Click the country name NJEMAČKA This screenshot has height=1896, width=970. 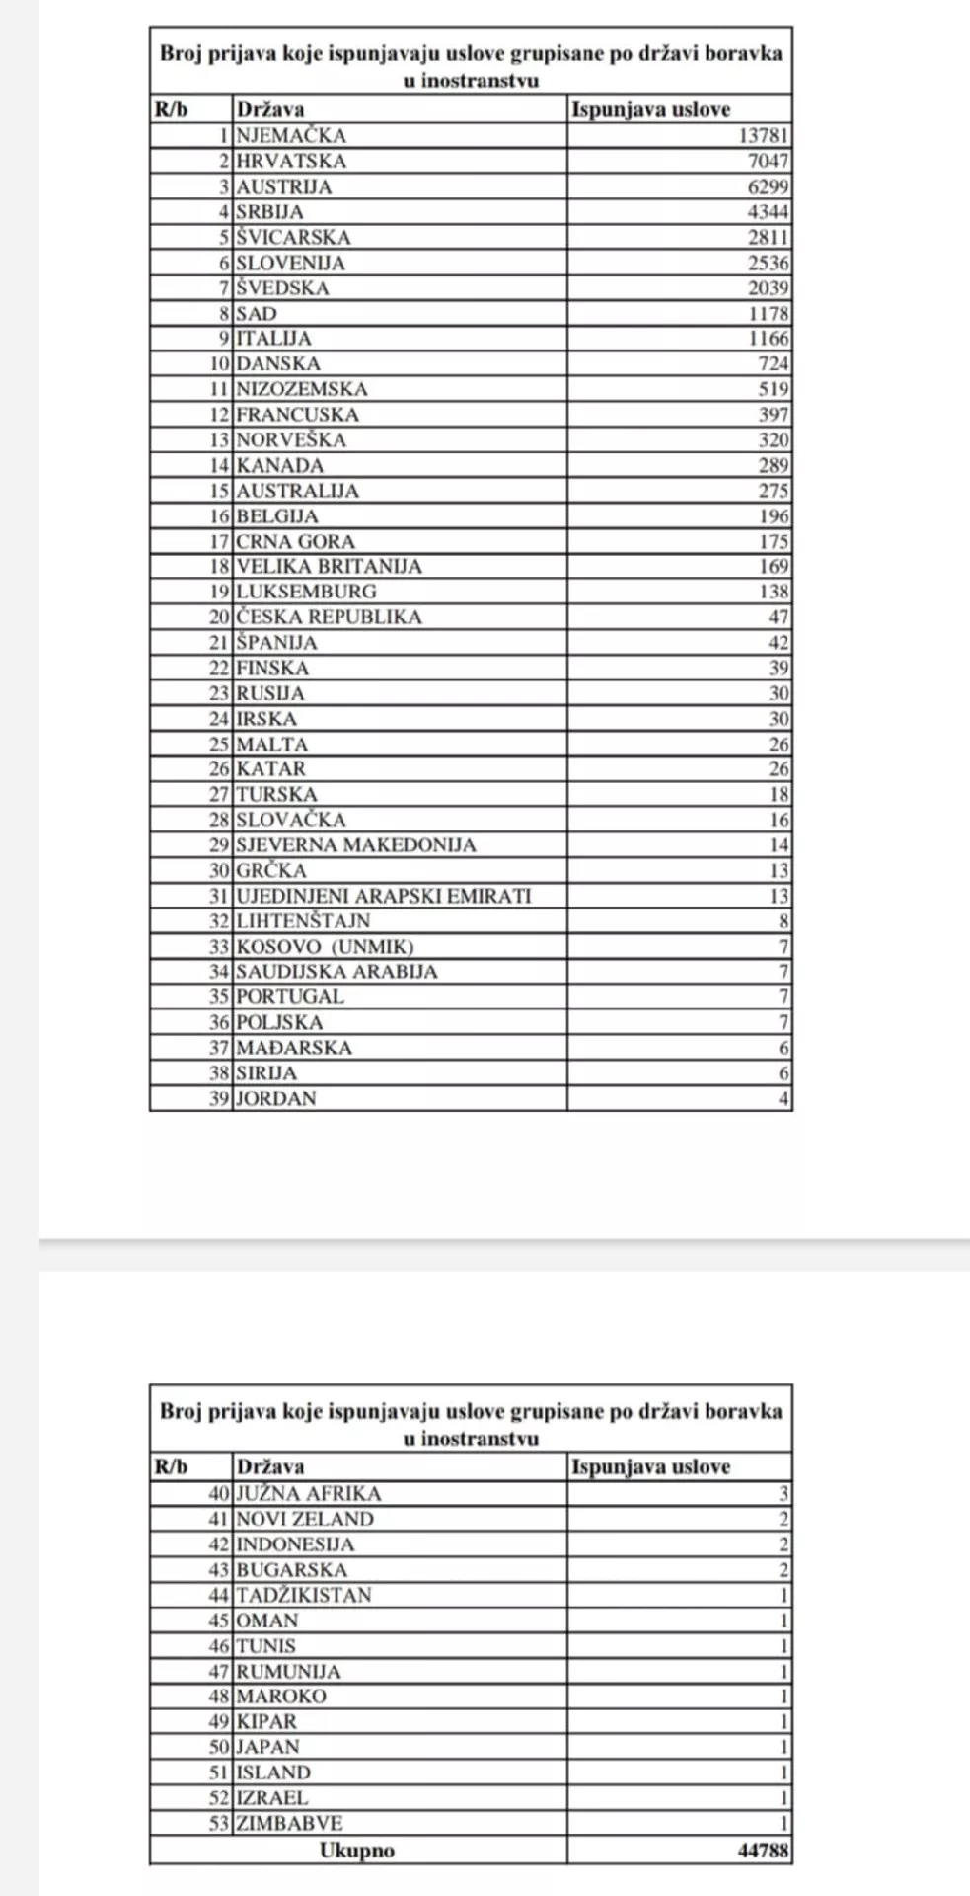click(x=291, y=136)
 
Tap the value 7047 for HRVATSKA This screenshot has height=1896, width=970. click(x=769, y=161)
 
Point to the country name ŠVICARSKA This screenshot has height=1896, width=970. click(x=293, y=237)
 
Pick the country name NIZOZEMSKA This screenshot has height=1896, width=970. click(x=302, y=389)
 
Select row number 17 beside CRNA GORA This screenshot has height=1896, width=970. click(x=219, y=541)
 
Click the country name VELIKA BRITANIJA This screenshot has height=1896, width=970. click(x=329, y=567)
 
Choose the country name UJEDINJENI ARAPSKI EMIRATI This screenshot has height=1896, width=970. click(x=383, y=896)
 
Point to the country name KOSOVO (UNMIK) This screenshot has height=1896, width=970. click(x=325, y=946)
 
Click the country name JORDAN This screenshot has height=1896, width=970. click(x=276, y=1098)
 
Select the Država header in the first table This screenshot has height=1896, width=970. click(x=269, y=110)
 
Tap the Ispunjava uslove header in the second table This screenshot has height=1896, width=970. click(x=650, y=1467)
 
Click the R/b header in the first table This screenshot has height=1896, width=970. click(x=171, y=110)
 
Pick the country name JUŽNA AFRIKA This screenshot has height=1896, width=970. click(x=308, y=1493)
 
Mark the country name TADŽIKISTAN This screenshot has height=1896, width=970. click(x=304, y=1595)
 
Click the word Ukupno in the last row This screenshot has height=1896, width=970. click(x=357, y=1850)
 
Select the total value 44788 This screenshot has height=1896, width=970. click(x=764, y=1850)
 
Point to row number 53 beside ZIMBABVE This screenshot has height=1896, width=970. click(x=219, y=1823)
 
